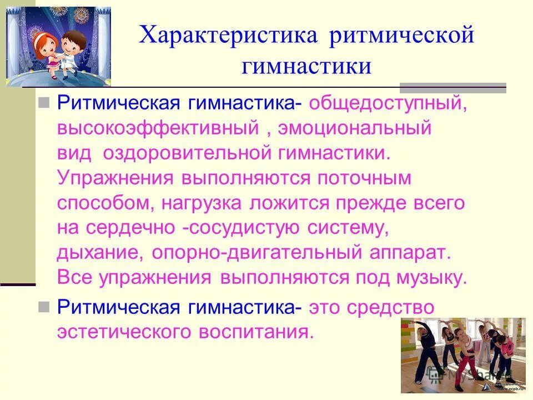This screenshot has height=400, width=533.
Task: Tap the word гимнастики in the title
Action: pyautogui.click(x=306, y=66)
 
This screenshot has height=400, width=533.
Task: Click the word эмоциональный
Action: pyautogui.click(x=355, y=129)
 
